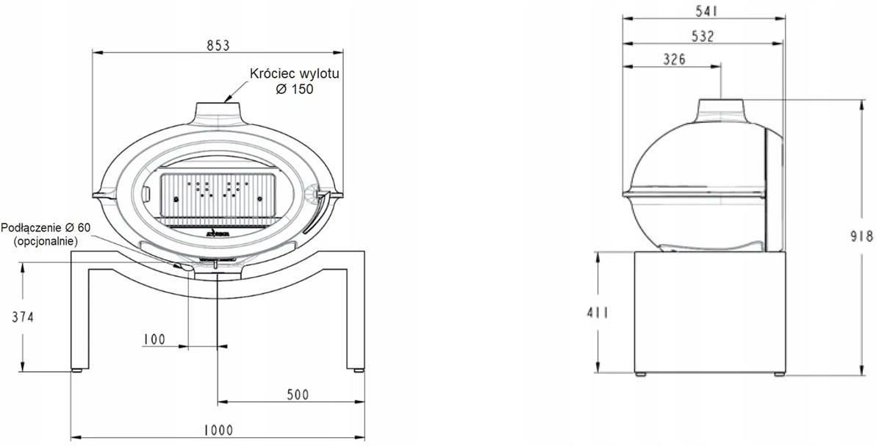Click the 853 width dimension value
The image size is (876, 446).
pyautogui.click(x=218, y=46)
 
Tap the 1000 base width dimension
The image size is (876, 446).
pyautogui.click(x=218, y=430)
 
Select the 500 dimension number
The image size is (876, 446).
pyautogui.click(x=298, y=395)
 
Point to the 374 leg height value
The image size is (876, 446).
pyautogui.click(x=23, y=317)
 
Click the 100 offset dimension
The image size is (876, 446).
pyautogui.click(x=154, y=339)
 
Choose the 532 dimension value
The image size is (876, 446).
pyautogui.click(x=703, y=36)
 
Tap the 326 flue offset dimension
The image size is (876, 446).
pyautogui.click(x=674, y=60)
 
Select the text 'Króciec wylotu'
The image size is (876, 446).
pyautogui.click(x=295, y=73)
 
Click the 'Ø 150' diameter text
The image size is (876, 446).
pyautogui.click(x=295, y=89)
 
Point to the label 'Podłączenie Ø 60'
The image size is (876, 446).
pyautogui.click(x=46, y=228)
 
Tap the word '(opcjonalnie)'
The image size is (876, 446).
pyautogui.click(x=45, y=241)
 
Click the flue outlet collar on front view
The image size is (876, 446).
pyautogui.click(x=218, y=110)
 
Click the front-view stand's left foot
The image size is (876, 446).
pyautogui.click(x=77, y=370)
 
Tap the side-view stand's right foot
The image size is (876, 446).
pyautogui.click(x=779, y=374)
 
